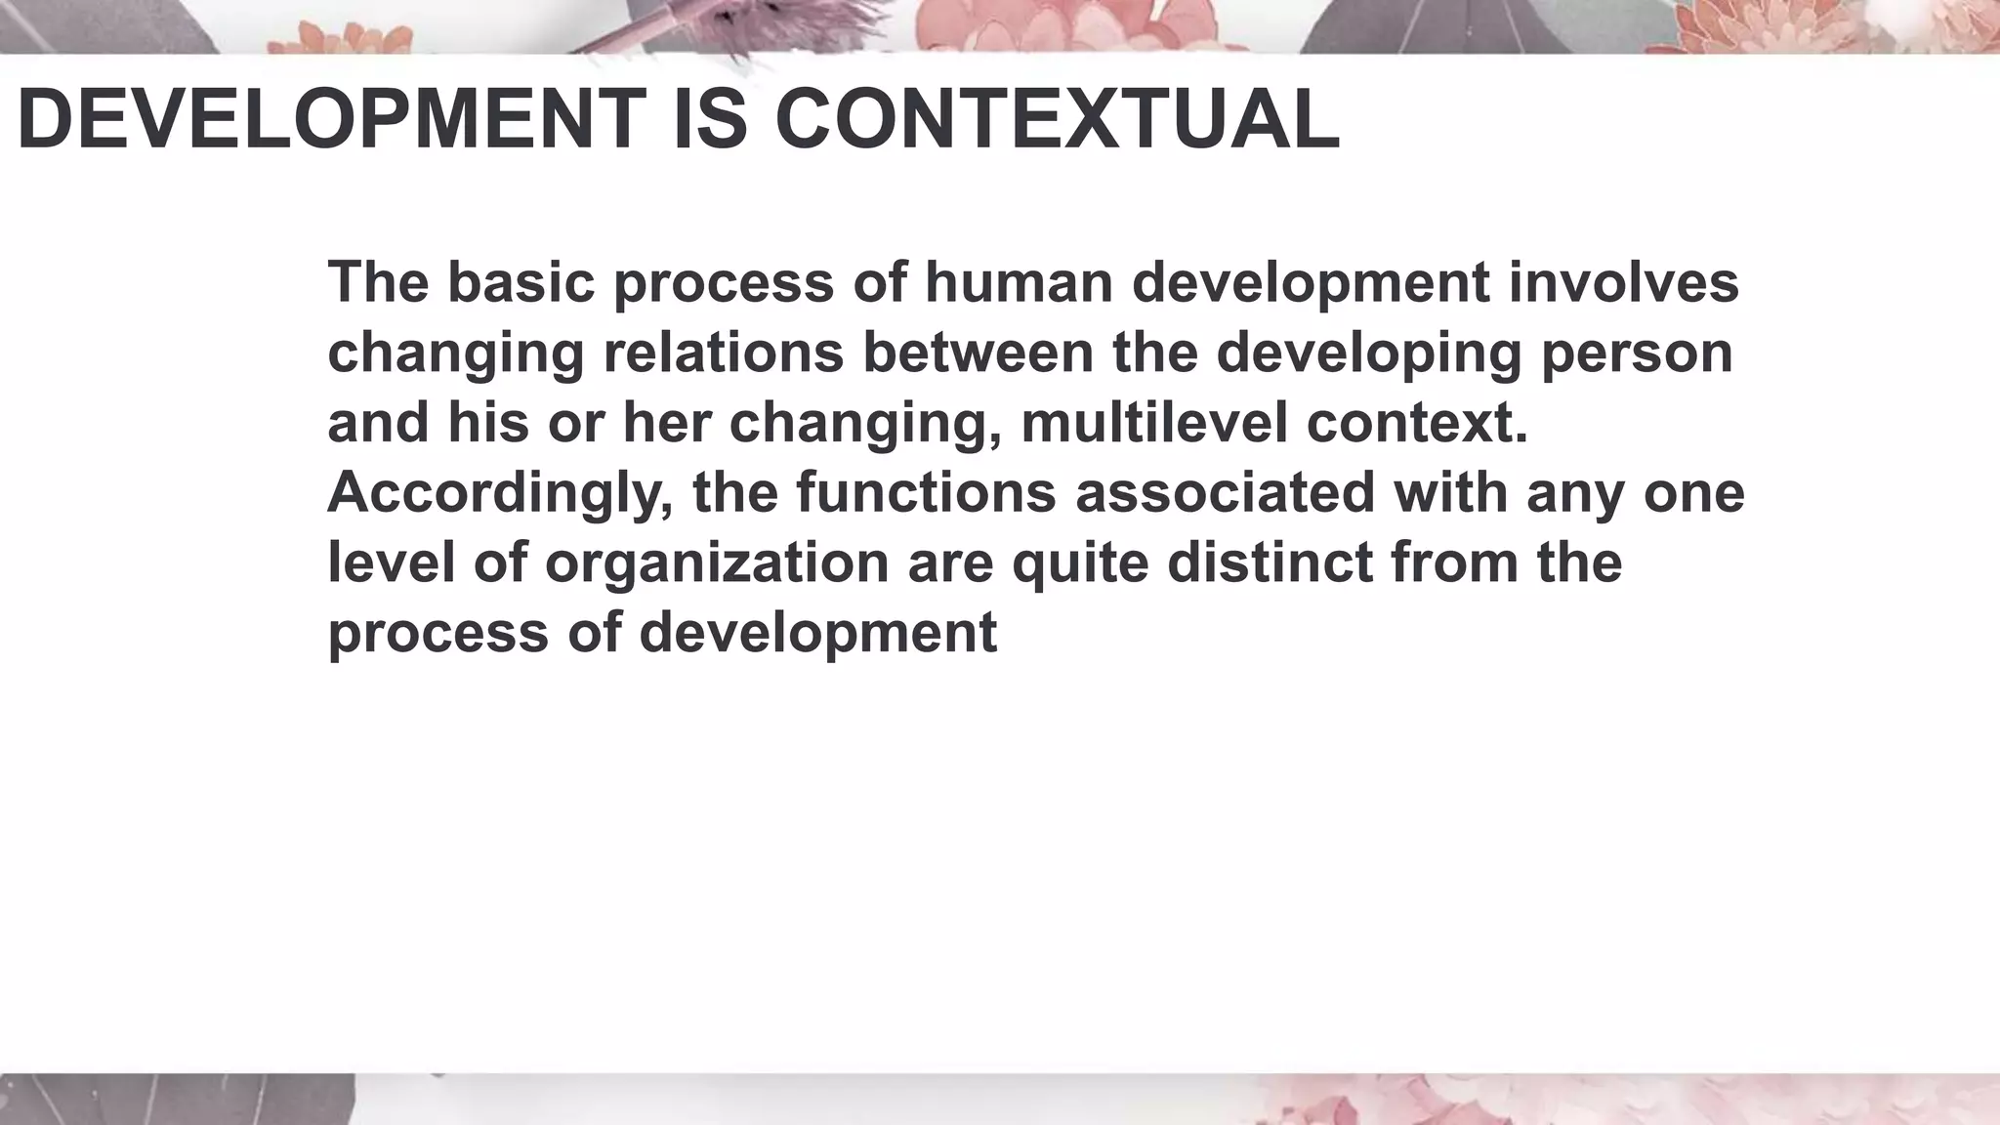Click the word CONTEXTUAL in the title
pos(1057,120)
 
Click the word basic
pos(521,281)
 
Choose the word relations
pos(723,352)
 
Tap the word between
pos(978,352)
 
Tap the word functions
pos(926,491)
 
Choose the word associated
pos(1225,491)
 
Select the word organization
pos(717,563)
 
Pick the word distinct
pos(1270,562)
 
